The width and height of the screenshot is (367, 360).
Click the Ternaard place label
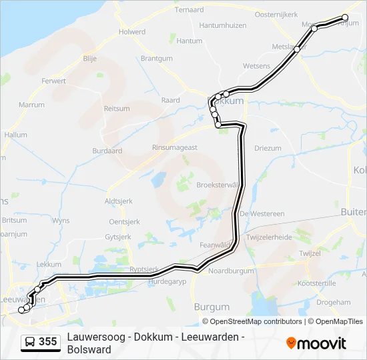coord(189,10)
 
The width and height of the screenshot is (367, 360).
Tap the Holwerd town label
coord(131,31)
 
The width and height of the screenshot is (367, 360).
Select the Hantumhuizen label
coord(222,25)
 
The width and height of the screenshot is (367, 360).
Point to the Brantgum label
coord(157,58)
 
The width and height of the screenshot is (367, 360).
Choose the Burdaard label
coord(107,151)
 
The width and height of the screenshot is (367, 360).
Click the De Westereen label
coord(262,213)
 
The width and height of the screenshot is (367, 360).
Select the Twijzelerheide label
coord(269,237)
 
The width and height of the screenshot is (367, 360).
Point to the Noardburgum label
coord(232,271)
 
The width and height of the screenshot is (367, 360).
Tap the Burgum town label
coord(212,307)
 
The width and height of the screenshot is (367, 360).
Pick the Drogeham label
coord(333,302)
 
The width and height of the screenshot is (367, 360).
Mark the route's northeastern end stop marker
coord(345,17)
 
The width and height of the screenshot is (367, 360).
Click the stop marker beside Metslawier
coord(297,49)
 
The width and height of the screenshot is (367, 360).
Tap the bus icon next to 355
coord(30,342)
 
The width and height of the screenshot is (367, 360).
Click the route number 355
coord(48,342)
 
